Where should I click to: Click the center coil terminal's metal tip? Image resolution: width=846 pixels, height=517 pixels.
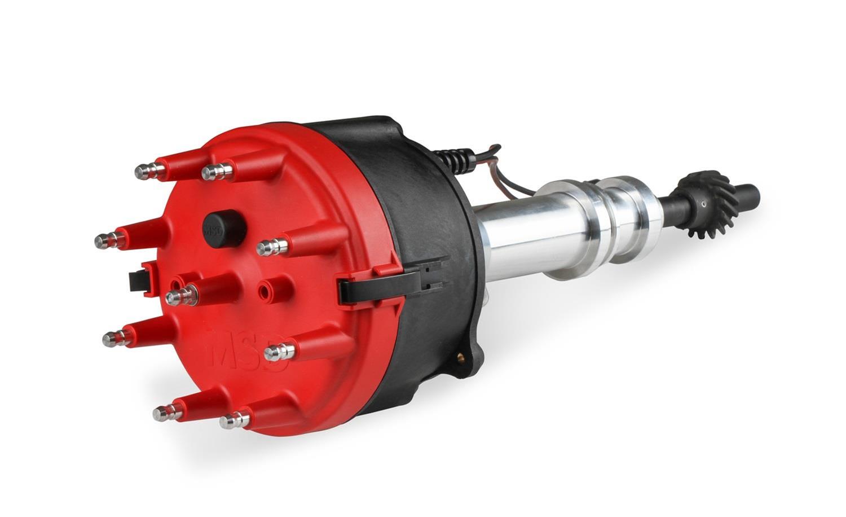(x=180, y=295)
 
